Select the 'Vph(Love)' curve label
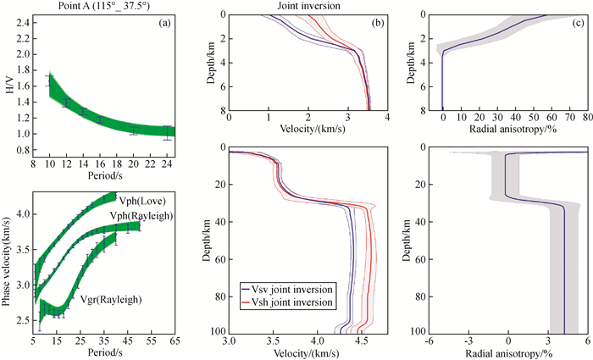pyautogui.click(x=141, y=201)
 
